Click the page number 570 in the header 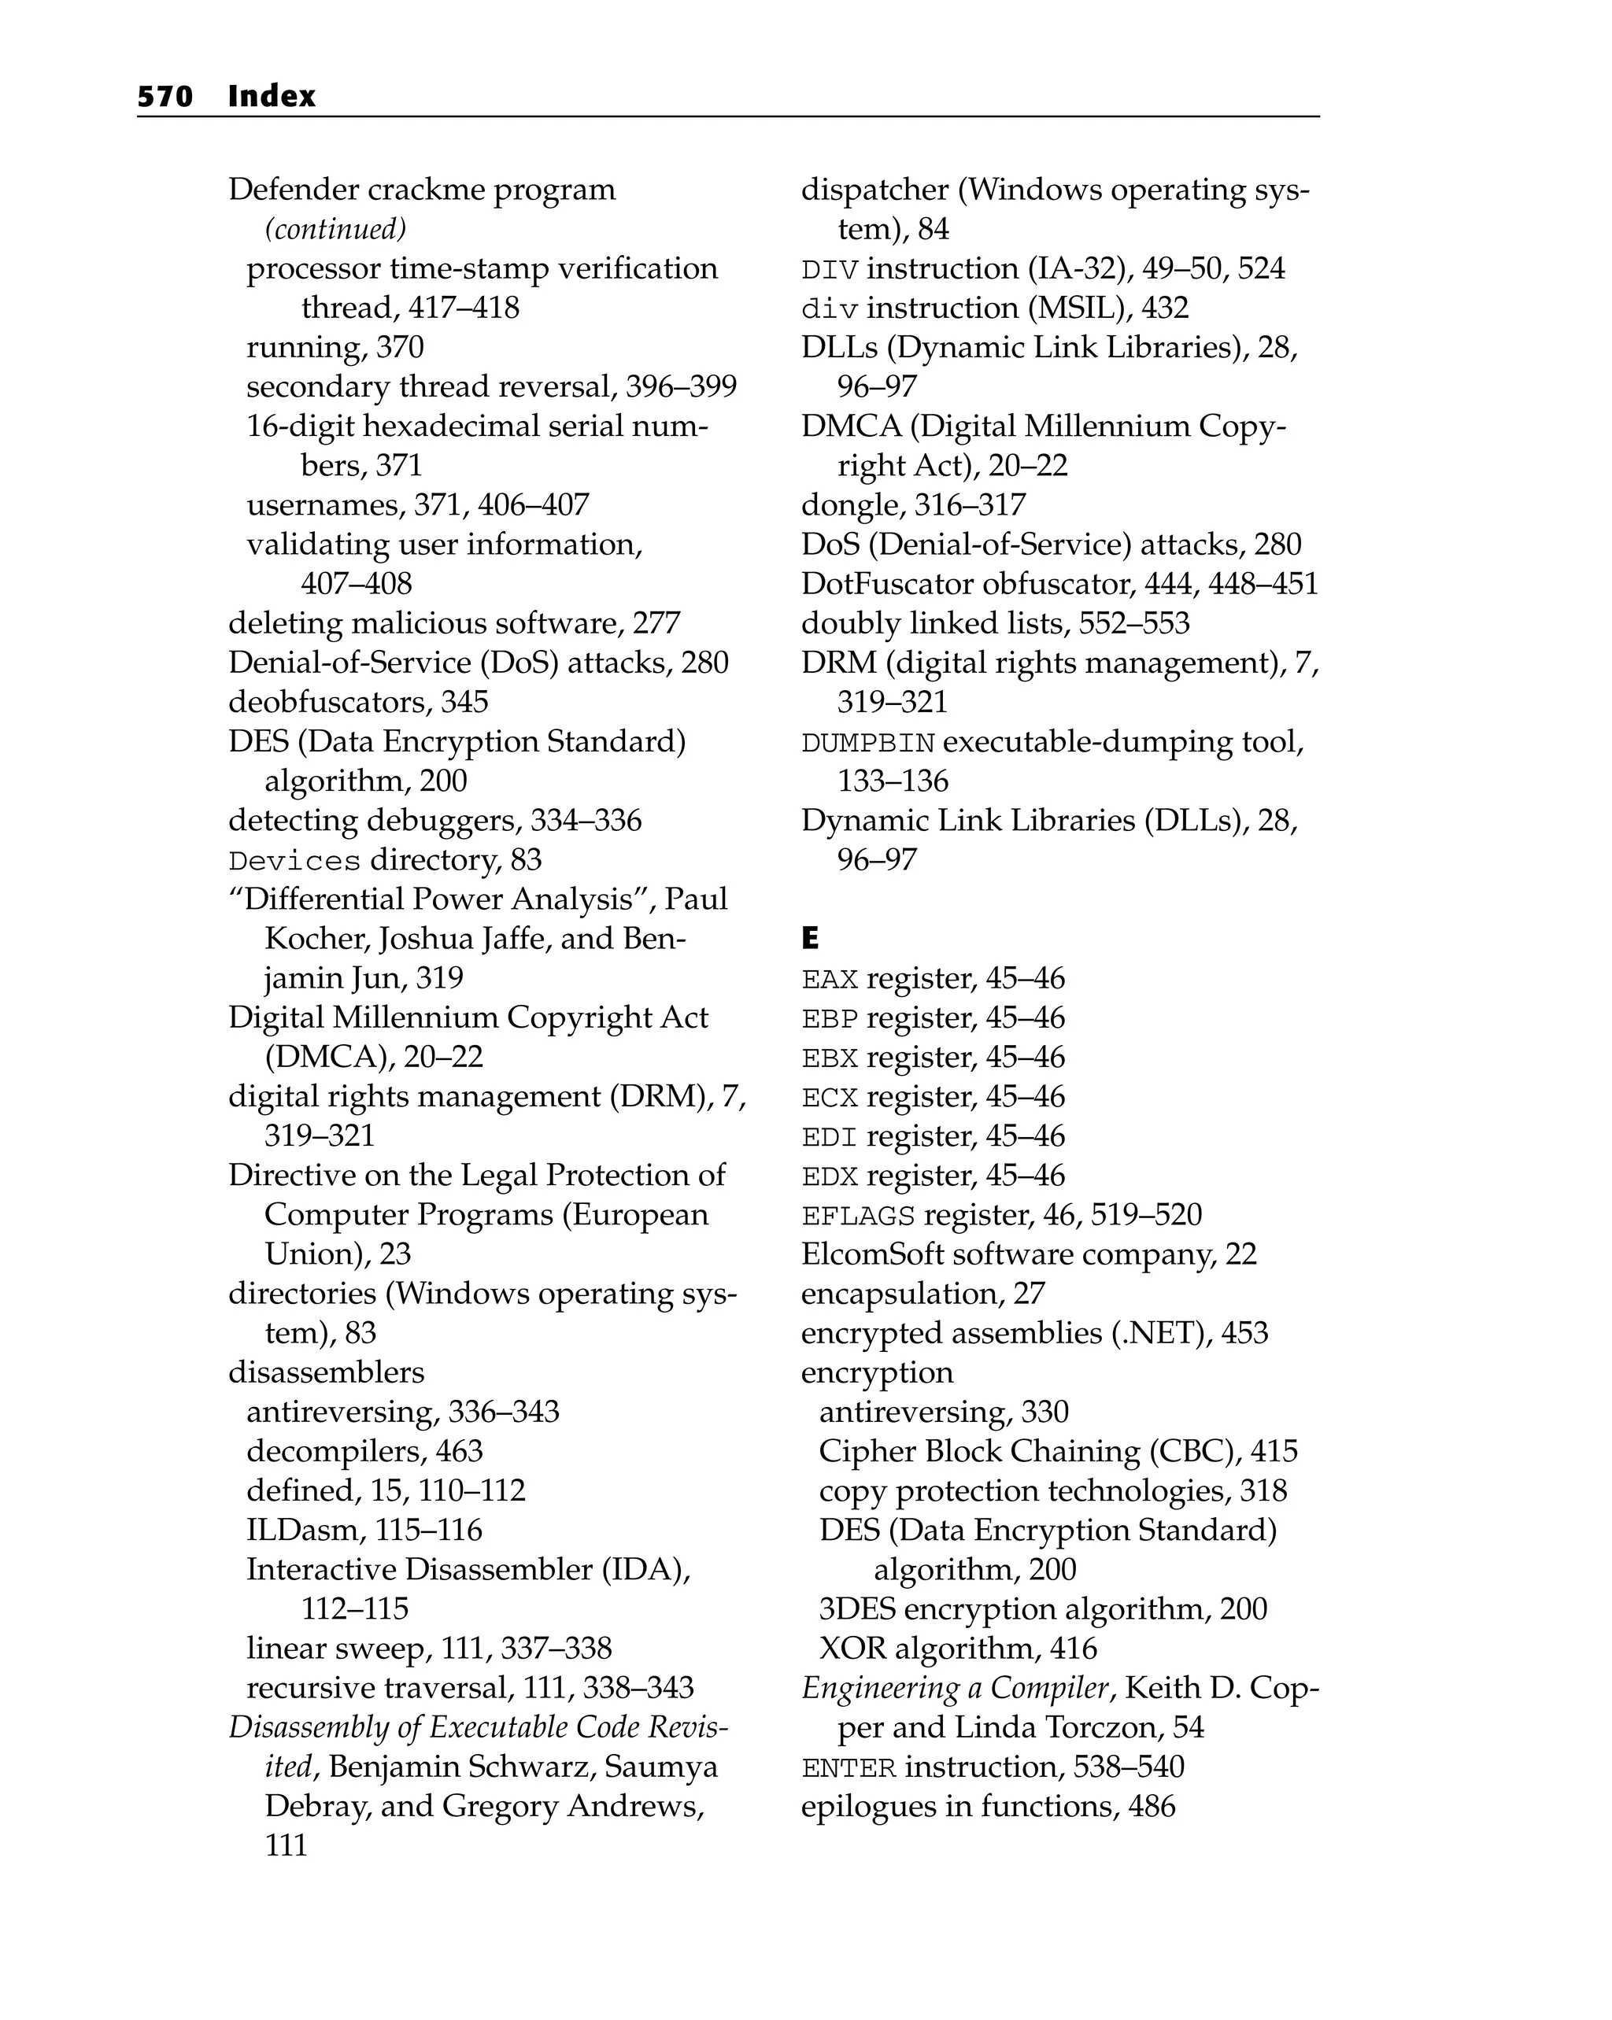pyautogui.click(x=165, y=97)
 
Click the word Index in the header pyautogui.click(x=271, y=97)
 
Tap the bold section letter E pyautogui.click(x=810, y=938)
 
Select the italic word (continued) pyautogui.click(x=335, y=230)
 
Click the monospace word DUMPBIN pyautogui.click(x=868, y=743)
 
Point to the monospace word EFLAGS pyautogui.click(x=857, y=1216)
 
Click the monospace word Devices pyautogui.click(x=294, y=861)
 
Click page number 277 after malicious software pyautogui.click(x=656, y=623)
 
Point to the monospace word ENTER pyautogui.click(x=849, y=1768)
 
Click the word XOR pyautogui.click(x=852, y=1648)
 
